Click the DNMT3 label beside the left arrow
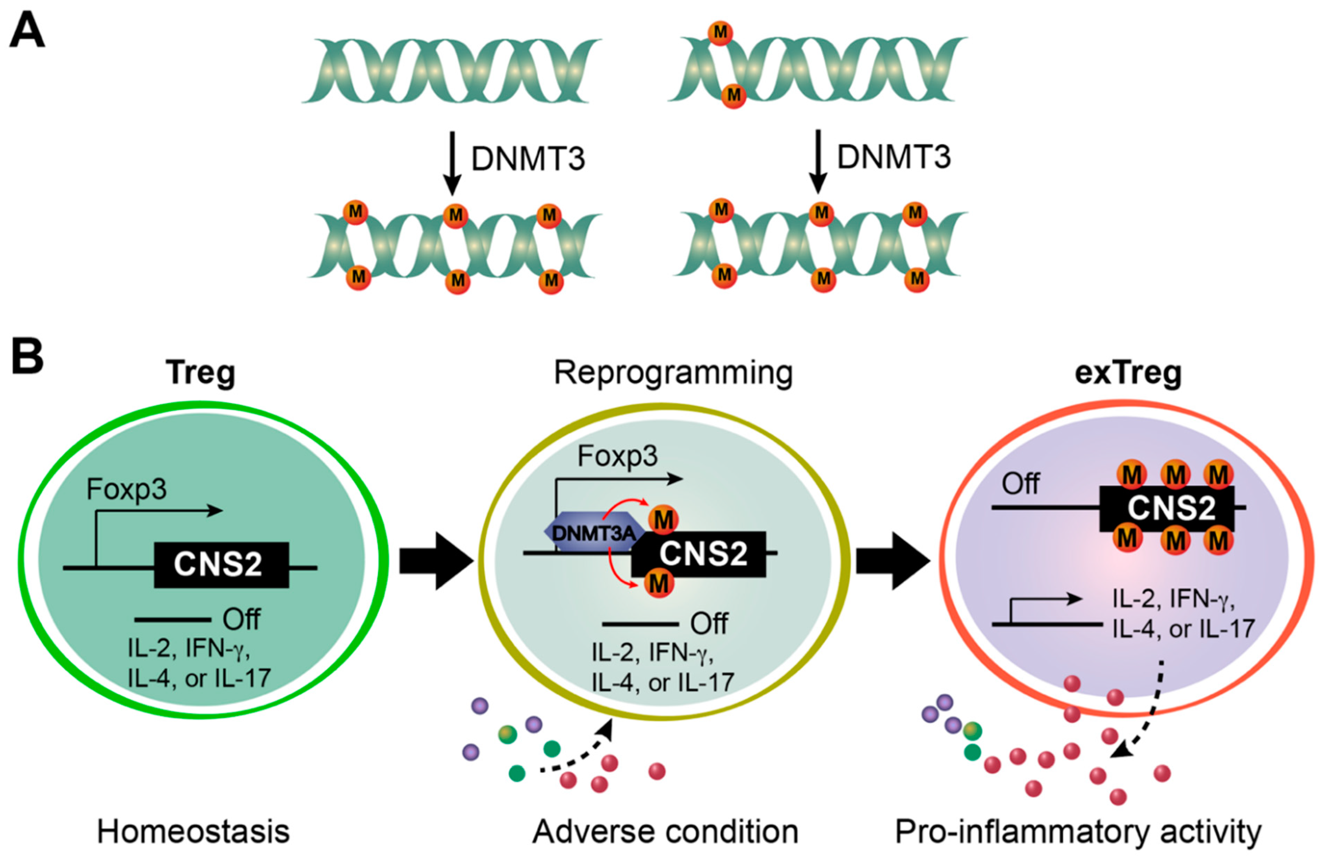point(527,159)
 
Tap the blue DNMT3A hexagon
point(593,532)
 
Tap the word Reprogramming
point(673,373)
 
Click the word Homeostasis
point(193,832)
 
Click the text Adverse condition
point(665,832)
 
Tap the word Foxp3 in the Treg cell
point(126,490)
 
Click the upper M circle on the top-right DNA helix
point(720,32)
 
